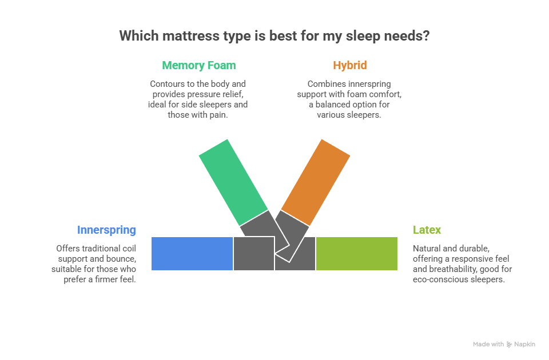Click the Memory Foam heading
point(198,65)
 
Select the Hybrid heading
point(349,65)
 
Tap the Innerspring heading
point(106,230)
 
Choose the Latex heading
point(427,230)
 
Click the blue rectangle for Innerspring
point(192,253)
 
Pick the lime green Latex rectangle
point(356,253)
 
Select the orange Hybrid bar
point(316,182)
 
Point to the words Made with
point(488,345)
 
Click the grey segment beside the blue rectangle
point(253,253)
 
